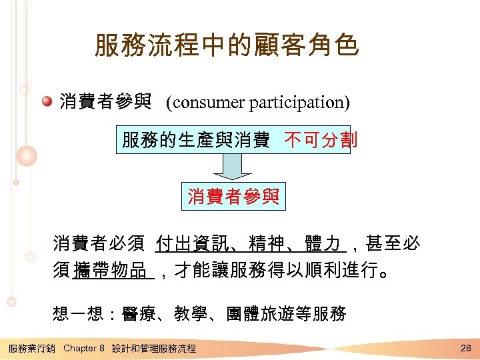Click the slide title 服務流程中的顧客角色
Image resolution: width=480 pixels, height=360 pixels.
(x=227, y=46)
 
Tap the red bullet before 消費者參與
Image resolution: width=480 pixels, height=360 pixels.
(x=47, y=102)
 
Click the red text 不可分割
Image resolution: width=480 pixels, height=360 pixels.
(x=321, y=140)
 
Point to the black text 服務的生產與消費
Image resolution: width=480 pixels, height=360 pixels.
(x=195, y=140)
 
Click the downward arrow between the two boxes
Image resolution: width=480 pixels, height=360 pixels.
(x=233, y=167)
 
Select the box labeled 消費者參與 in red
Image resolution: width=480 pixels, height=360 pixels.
(x=233, y=197)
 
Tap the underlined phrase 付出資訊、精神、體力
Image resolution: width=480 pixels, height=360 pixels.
(x=247, y=244)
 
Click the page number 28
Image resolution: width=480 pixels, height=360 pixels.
(x=465, y=347)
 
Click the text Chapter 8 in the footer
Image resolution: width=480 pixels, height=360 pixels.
(x=84, y=348)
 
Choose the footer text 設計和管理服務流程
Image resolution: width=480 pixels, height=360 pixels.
(x=154, y=348)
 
